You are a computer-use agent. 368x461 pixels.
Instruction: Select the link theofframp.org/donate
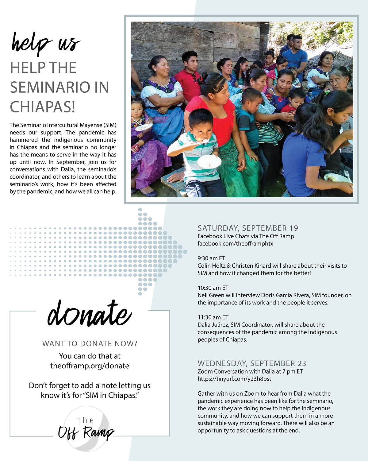[90, 366]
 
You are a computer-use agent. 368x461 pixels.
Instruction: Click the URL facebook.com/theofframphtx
[235, 244]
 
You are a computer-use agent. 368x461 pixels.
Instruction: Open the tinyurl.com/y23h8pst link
[234, 379]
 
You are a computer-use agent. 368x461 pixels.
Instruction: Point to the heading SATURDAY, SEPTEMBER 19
[248, 228]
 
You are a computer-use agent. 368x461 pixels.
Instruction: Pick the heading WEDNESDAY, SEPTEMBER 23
[252, 363]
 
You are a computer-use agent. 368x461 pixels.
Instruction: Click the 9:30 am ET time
[211, 258]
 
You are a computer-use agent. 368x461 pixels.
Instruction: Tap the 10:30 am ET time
[213, 288]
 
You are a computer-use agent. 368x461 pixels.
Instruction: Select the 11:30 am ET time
[213, 317]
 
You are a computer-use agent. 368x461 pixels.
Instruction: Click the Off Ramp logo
[86, 429]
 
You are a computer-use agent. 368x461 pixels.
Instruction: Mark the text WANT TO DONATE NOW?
[90, 344]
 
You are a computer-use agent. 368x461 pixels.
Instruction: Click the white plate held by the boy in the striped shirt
[209, 161]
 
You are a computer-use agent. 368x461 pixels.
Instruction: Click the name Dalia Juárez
[213, 325]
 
